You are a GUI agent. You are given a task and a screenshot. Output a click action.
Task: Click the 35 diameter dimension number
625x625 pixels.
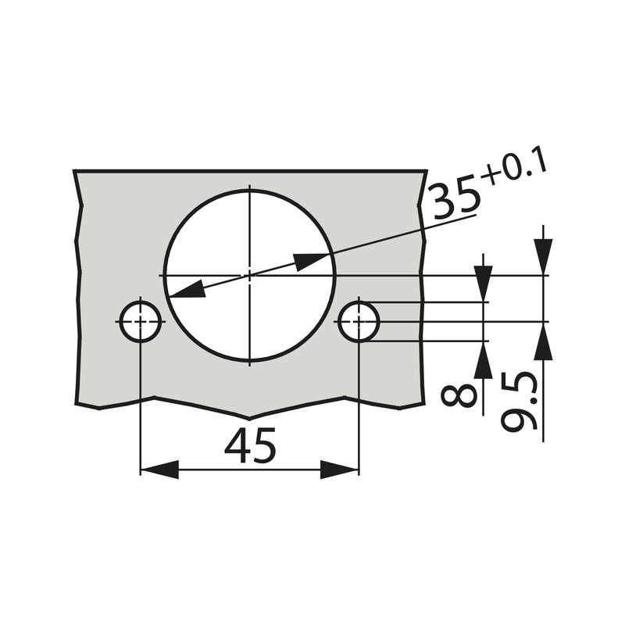pos(455,199)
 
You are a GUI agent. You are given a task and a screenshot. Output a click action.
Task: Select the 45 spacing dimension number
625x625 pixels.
pos(250,447)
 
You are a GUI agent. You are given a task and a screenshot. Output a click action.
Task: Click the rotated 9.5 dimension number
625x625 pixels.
pos(521,402)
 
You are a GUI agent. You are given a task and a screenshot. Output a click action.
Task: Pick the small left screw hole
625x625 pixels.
pos(140,322)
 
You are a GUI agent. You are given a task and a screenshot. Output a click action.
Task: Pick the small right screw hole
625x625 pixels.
pos(359,322)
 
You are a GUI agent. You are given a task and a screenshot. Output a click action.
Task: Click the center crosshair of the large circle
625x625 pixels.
pos(249,275)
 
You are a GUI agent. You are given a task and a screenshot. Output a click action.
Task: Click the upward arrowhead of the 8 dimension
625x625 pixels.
pos(484,359)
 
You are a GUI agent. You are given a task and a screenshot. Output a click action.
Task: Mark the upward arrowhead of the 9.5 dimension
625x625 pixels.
pos(545,341)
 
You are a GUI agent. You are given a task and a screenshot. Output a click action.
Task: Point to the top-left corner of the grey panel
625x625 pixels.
pos(74,170)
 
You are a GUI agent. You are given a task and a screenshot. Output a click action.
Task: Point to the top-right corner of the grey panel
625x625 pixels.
pos(427,170)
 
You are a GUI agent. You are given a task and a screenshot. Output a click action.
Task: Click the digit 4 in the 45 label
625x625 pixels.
pos(237,447)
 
